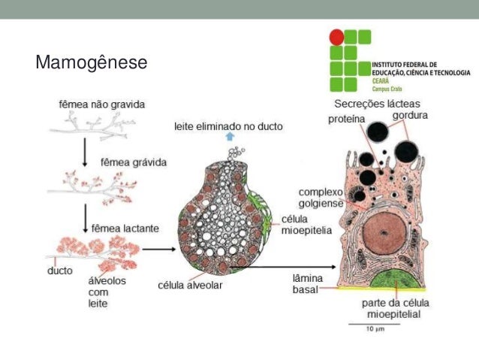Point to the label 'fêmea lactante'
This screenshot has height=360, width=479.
122,224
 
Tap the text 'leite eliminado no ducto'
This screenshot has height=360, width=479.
228,127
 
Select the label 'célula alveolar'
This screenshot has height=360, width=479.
190,285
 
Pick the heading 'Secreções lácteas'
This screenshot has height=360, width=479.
378,104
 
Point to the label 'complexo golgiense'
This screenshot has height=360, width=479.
321,198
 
